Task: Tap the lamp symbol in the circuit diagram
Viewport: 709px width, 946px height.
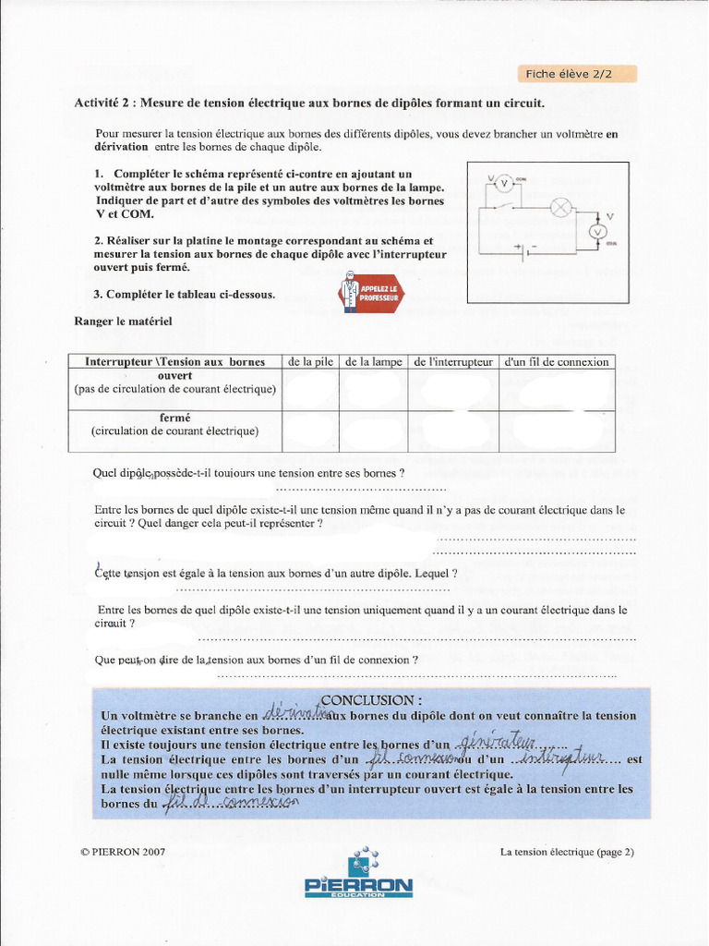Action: [560, 208]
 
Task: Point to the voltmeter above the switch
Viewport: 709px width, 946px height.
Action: [504, 184]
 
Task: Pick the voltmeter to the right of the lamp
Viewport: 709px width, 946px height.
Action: [598, 231]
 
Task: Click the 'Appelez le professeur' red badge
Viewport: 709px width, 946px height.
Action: [371, 292]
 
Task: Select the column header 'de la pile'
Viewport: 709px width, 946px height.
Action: [311, 362]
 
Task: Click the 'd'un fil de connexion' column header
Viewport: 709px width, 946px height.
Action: [557, 362]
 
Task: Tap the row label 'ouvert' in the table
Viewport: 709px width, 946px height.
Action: [175, 376]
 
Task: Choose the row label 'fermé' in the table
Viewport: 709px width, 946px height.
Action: [174, 418]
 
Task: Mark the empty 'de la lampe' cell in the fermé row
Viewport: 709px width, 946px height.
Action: [374, 431]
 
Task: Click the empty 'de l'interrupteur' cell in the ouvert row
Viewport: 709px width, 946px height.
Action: [453, 390]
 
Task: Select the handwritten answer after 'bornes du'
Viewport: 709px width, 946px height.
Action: [231, 803]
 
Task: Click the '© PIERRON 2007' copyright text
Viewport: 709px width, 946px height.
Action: [123, 852]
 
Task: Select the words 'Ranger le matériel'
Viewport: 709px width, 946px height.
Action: [123, 321]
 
